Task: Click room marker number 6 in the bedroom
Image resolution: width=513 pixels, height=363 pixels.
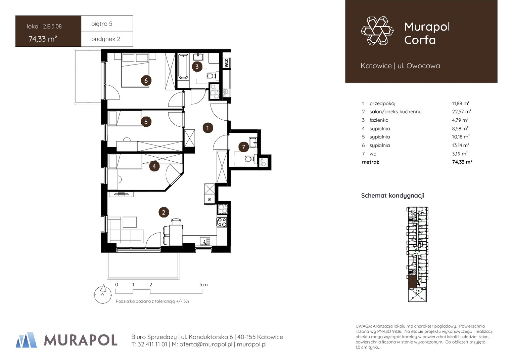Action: pyautogui.click(x=146, y=80)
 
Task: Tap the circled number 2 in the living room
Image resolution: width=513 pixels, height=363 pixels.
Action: pyautogui.click(x=164, y=212)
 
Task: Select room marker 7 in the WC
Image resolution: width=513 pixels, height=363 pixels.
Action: pyautogui.click(x=243, y=147)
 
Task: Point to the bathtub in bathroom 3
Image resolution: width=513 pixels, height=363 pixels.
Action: pyautogui.click(x=183, y=67)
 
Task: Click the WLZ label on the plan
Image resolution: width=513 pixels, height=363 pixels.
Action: pyautogui.click(x=227, y=63)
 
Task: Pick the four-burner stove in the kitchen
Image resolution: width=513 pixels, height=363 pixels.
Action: pyautogui.click(x=222, y=222)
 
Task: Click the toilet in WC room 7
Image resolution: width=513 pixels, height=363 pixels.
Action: pyautogui.click(x=250, y=158)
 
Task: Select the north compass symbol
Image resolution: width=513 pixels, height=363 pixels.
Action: pyautogui.click(x=103, y=295)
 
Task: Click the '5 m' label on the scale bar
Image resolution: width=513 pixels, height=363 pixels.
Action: pyautogui.click(x=203, y=285)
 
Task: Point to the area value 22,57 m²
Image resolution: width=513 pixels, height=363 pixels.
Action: pyautogui.click(x=461, y=112)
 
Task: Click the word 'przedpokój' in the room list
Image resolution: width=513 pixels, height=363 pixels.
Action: pyautogui.click(x=382, y=104)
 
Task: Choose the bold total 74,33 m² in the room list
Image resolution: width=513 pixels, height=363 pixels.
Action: pyautogui.click(x=462, y=162)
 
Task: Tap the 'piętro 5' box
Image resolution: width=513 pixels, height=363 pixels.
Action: pyautogui.click(x=107, y=24)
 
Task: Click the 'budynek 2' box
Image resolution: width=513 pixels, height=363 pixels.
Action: pyautogui.click(x=107, y=39)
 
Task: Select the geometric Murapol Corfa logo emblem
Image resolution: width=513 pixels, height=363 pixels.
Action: pyautogui.click(x=377, y=31)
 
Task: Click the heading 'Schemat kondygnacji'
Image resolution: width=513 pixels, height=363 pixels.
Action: pyautogui.click(x=392, y=196)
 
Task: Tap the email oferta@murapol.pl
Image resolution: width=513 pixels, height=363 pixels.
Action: pyautogui.click(x=206, y=345)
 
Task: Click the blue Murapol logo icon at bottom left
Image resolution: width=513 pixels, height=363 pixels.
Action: pyautogui.click(x=26, y=340)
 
